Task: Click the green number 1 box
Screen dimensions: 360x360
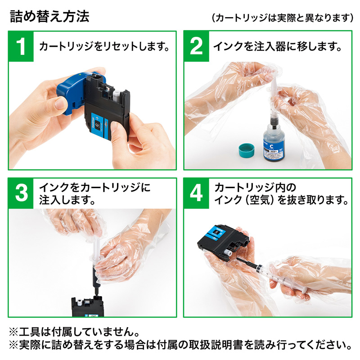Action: point(21,46)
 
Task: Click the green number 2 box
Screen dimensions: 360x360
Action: point(196,46)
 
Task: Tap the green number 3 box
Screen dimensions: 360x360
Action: point(21,193)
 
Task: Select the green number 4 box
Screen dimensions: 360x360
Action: point(196,193)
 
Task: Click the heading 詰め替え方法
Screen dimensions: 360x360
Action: point(49,16)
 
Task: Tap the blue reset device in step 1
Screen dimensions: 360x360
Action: point(72,92)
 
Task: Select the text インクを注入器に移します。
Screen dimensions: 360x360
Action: point(276,46)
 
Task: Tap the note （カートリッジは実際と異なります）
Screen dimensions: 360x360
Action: point(282,18)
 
